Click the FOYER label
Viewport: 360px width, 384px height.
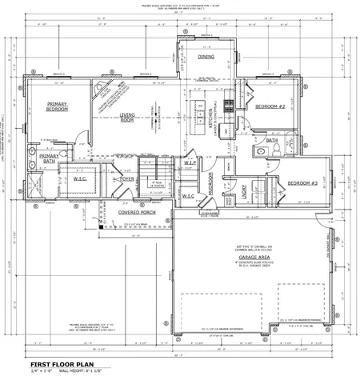[x=126, y=179]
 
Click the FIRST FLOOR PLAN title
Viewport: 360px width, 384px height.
[x=58, y=366]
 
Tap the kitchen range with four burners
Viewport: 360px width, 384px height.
[x=230, y=102]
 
